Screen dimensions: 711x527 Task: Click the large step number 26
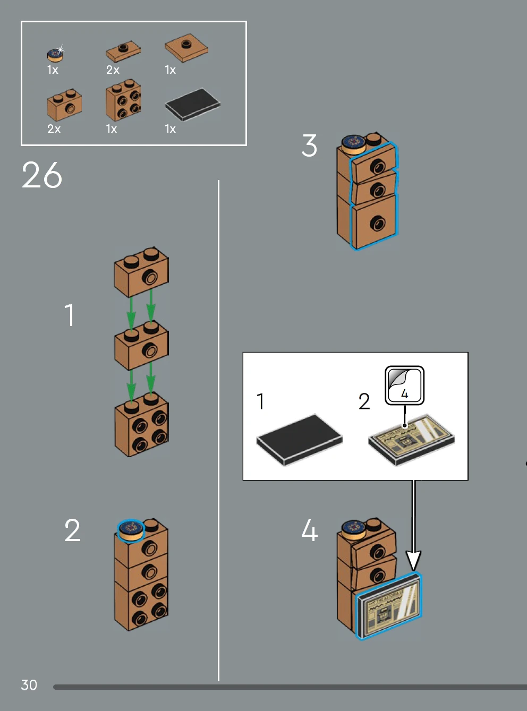42,175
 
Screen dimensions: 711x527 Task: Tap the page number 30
29,685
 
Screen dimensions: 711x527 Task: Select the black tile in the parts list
192,104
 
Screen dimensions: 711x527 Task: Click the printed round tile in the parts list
55,54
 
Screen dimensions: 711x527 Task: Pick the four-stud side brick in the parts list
123,100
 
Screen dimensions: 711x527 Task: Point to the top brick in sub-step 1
141,271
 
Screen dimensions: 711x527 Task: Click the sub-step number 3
309,145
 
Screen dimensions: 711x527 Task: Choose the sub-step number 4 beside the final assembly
309,530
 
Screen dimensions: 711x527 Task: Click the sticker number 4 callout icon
404,386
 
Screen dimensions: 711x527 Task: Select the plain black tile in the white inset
299,440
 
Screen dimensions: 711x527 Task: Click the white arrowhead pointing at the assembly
413,561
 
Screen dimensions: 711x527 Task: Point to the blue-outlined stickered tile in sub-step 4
389,606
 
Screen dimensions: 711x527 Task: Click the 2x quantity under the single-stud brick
54,129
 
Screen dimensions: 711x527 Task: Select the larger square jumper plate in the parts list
186,48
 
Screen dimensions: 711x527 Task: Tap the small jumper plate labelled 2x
123,52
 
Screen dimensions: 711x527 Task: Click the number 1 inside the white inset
260,401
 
